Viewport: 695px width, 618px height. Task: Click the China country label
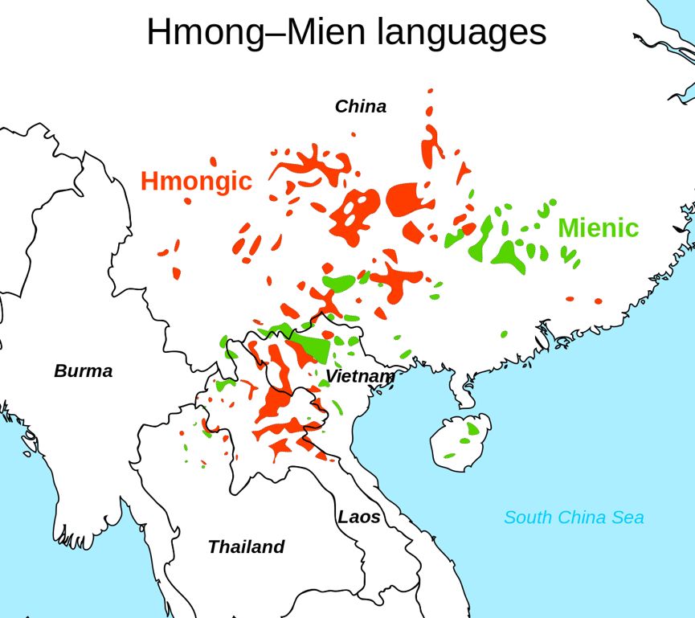coord(361,106)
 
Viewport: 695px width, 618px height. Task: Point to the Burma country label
coord(84,371)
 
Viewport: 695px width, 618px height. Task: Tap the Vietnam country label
coord(360,376)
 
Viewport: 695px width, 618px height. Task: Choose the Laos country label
coord(358,517)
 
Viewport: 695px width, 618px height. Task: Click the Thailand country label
coord(246,547)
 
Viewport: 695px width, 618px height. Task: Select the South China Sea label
coord(574,518)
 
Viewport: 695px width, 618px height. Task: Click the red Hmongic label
coord(196,182)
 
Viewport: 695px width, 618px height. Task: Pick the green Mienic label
coord(598,228)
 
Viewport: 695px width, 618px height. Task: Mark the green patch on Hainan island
coord(472,431)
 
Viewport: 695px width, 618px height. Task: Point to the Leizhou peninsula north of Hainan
coord(464,393)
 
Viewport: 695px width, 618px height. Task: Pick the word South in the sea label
coord(527,518)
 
